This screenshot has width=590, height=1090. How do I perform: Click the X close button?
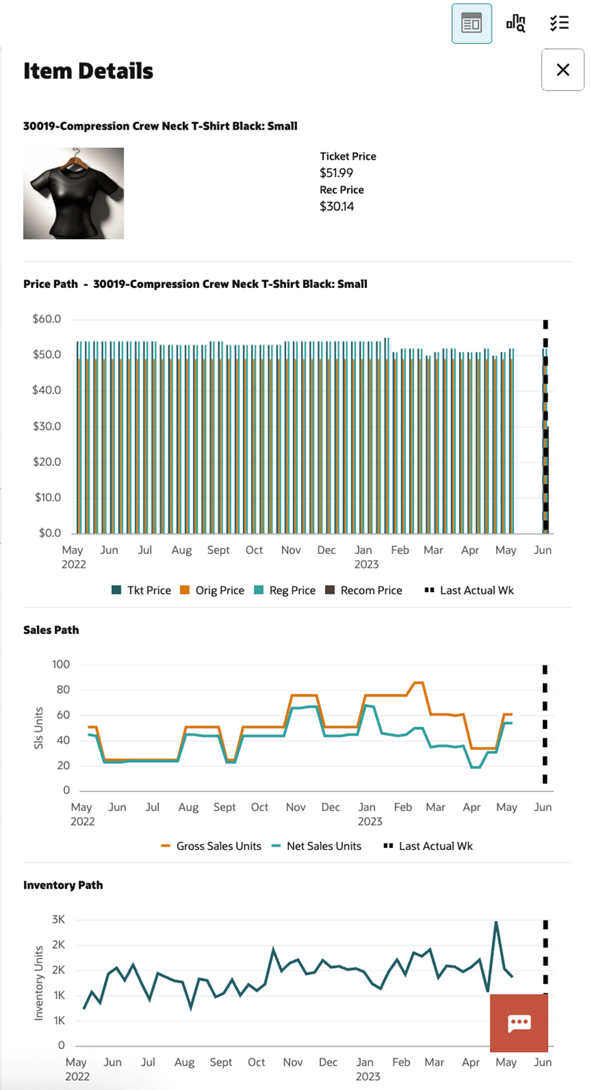(563, 70)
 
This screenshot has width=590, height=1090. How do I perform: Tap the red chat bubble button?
(519, 1024)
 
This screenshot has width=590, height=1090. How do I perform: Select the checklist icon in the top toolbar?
(559, 23)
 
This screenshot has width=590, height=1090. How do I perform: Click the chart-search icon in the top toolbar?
(516, 23)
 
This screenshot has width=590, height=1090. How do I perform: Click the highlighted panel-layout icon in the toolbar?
(471, 23)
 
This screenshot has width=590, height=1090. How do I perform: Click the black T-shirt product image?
(73, 193)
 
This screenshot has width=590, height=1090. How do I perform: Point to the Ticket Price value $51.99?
(336, 173)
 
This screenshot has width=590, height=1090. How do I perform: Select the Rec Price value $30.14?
(337, 206)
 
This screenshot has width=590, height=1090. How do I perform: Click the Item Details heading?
(88, 71)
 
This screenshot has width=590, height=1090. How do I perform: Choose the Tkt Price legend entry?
(141, 590)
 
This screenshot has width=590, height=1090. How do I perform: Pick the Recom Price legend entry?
(364, 590)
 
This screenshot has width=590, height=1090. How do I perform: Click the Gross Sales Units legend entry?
(211, 846)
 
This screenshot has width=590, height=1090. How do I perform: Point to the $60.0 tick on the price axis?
(47, 319)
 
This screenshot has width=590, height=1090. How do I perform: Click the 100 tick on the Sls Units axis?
(60, 664)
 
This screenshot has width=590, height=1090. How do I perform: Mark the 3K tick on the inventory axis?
(58, 919)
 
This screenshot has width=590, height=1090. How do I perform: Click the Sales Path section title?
(51, 630)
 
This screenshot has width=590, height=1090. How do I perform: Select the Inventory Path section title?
(63, 885)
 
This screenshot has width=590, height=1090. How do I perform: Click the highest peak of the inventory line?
(496, 923)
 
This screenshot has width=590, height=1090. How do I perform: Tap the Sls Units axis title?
(38, 728)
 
